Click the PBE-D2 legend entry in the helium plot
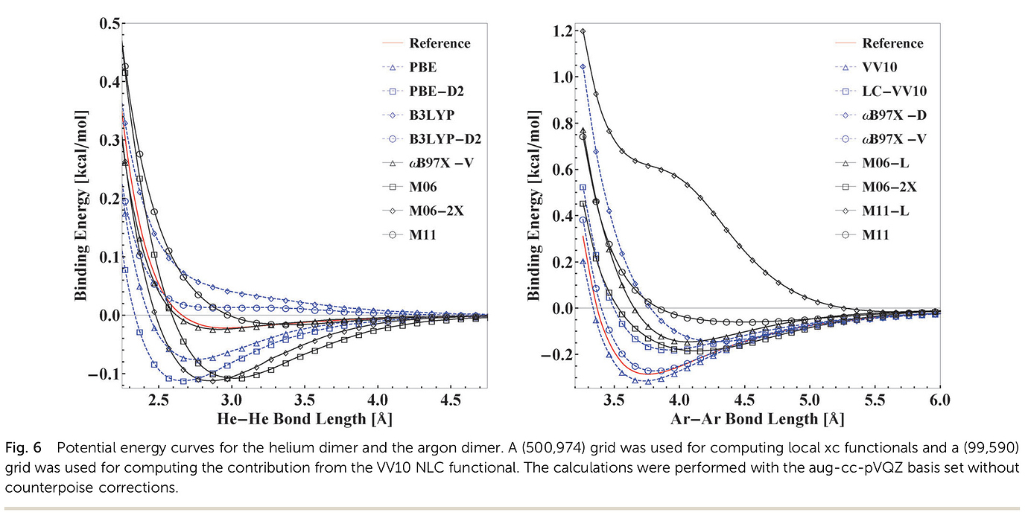(436, 92)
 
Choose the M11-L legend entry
(886, 211)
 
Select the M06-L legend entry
(886, 163)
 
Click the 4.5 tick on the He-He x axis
(451, 400)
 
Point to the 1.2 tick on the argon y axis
(559, 31)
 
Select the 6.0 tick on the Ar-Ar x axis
(940, 400)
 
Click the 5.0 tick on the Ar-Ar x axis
(809, 400)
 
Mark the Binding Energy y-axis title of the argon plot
(533, 202)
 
